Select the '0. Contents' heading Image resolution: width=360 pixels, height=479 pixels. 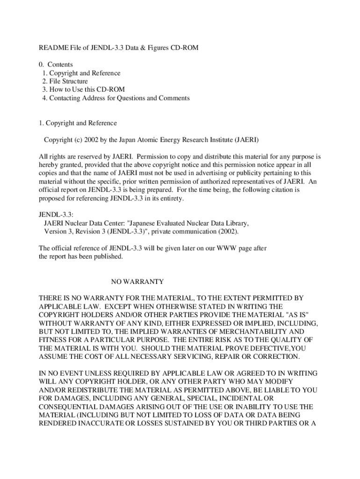[x=56, y=65]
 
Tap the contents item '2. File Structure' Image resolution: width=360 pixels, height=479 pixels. [x=65, y=81]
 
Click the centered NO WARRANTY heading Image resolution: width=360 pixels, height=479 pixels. [x=137, y=282]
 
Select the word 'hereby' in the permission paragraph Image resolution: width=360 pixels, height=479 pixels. [x=48, y=165]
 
